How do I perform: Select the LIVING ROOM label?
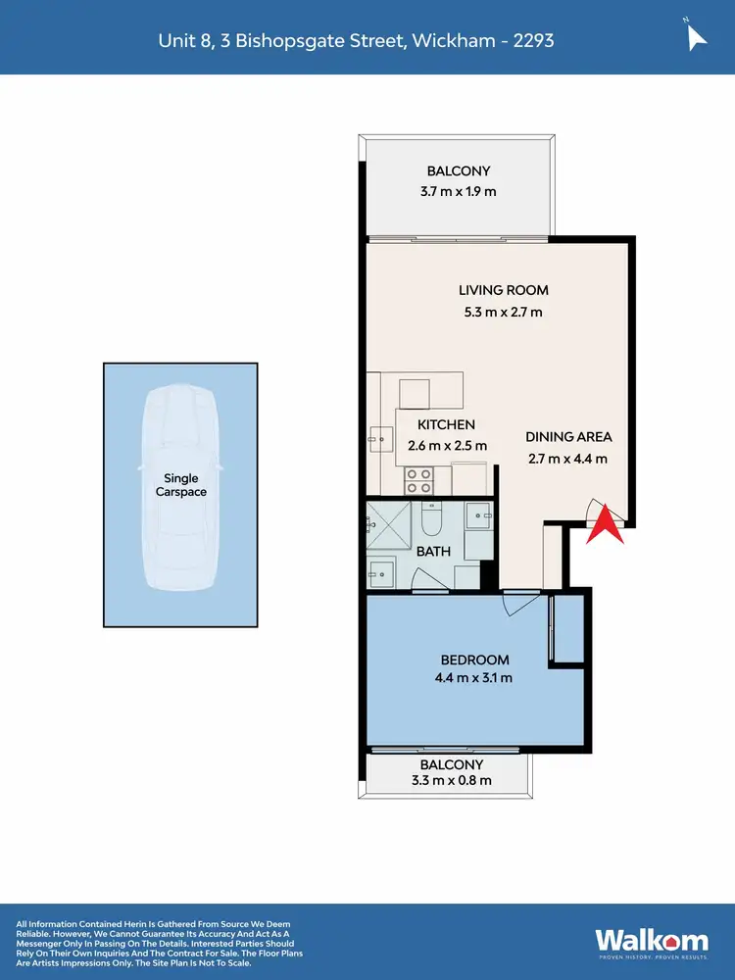tap(504, 290)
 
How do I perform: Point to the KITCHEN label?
tap(446, 425)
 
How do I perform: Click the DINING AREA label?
tap(568, 437)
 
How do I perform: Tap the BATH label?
tap(433, 551)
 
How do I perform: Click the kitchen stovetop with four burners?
tap(419, 480)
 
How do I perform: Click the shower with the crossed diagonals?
tap(390, 527)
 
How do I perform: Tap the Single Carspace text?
tap(181, 485)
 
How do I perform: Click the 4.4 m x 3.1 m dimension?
tap(474, 677)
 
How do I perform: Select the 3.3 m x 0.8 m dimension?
tap(452, 781)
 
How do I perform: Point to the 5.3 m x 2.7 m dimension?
tap(504, 313)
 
